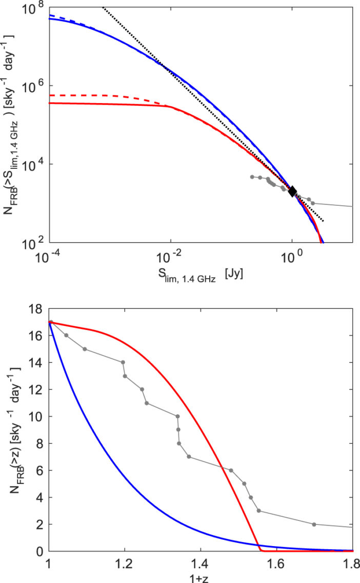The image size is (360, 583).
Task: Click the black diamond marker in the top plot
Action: click(x=292, y=191)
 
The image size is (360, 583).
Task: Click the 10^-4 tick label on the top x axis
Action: click(x=49, y=255)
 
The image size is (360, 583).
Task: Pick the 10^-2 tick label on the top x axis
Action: click(x=170, y=255)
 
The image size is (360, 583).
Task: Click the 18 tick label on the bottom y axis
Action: click(x=36, y=308)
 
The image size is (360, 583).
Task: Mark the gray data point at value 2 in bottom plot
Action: click(x=314, y=524)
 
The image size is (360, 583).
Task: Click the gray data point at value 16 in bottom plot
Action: click(x=66, y=335)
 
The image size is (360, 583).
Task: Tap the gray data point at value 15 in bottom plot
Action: click(x=85, y=349)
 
